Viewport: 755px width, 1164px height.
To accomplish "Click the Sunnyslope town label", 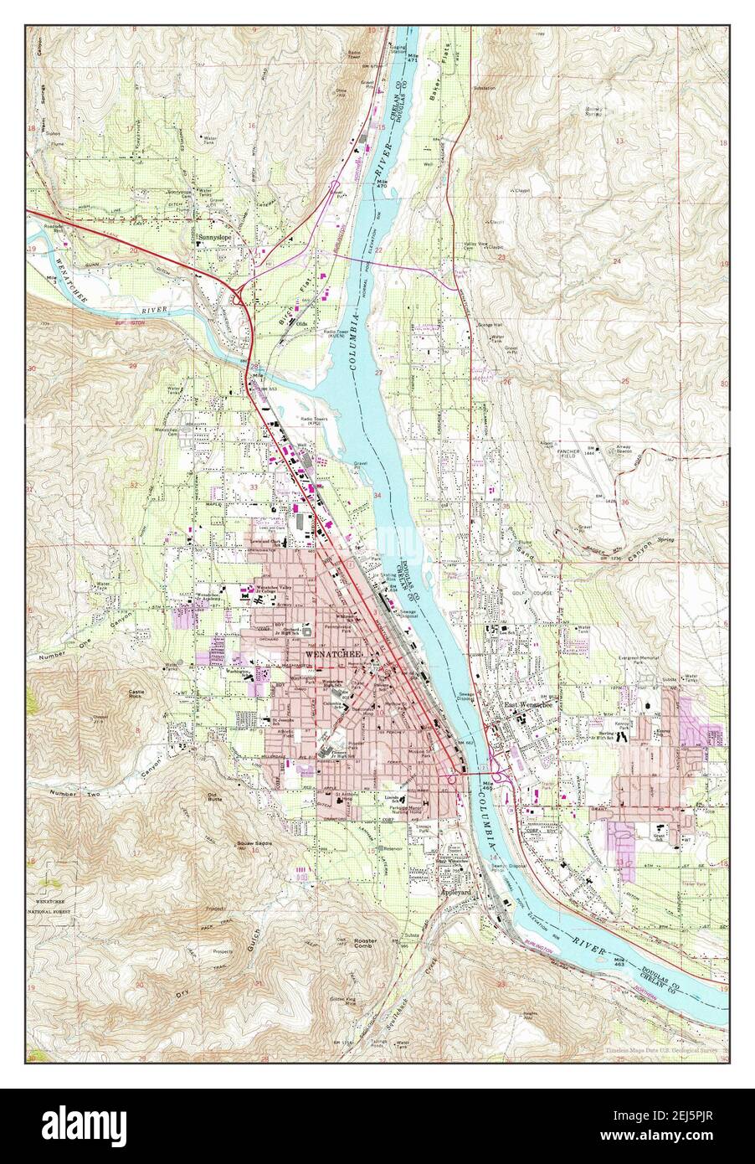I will pyautogui.click(x=214, y=238).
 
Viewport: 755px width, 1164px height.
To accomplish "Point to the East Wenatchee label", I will pyautogui.click(x=524, y=706).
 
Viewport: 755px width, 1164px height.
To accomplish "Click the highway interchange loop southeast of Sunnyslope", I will pyautogui.click(x=240, y=292).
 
